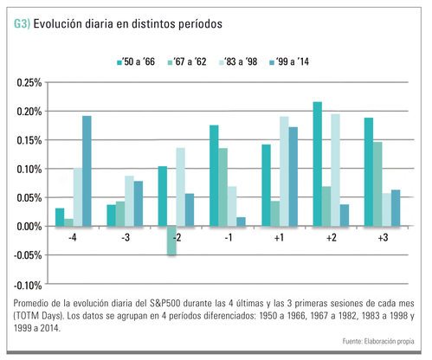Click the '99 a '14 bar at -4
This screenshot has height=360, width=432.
pyautogui.click(x=87, y=170)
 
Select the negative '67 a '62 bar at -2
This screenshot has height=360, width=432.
pyautogui.click(x=171, y=241)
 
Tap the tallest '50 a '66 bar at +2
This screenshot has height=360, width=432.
pyautogui.click(x=318, y=164)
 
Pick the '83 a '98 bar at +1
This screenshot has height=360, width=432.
pyautogui.click(x=284, y=171)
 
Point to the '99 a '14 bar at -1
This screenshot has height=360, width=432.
pyautogui.click(x=241, y=222)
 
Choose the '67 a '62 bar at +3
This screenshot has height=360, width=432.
pyautogui.click(x=377, y=184)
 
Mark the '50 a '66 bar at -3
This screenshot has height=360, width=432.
pyautogui.click(x=111, y=215)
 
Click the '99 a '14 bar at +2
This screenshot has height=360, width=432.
pyautogui.click(x=345, y=215)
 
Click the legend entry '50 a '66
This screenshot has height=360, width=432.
pyautogui.click(x=136, y=61)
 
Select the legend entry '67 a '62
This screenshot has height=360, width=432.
pyautogui.click(x=187, y=61)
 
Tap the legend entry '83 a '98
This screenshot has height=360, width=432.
pyautogui.click(x=238, y=61)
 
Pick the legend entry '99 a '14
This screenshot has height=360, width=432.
pyautogui.click(x=289, y=61)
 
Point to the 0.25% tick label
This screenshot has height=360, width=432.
pyautogui.click(x=29, y=83)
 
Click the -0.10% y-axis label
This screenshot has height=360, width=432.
pyautogui.click(x=28, y=286)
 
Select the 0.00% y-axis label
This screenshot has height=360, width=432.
pyautogui.click(x=29, y=227)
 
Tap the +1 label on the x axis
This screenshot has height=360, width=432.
pyautogui.click(x=279, y=238)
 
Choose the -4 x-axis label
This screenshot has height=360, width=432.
pyautogui.click(x=73, y=238)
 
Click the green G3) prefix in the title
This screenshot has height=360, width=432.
pyautogui.click(x=22, y=23)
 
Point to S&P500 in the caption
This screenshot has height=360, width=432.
pyautogui.click(x=165, y=303)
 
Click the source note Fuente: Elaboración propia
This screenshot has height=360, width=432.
pyautogui.click(x=378, y=341)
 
